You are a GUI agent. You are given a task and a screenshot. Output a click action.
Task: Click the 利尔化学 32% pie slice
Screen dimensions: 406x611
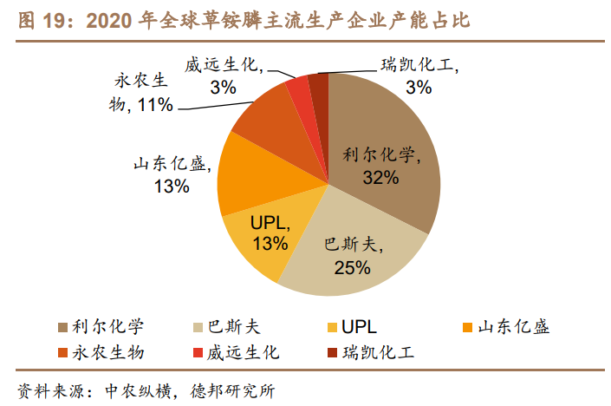point(390,139)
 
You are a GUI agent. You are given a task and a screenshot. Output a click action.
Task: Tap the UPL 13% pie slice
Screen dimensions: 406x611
point(260,234)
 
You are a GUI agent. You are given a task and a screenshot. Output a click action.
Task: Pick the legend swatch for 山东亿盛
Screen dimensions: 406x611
point(468,327)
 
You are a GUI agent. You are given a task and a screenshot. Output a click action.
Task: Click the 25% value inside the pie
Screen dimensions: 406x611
point(352,266)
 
